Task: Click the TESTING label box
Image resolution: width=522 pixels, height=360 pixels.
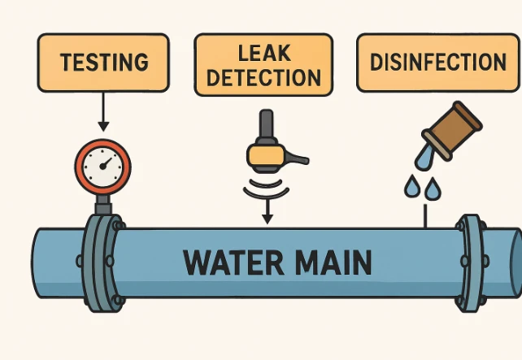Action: [103, 62]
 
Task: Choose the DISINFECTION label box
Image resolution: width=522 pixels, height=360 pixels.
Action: [437, 62]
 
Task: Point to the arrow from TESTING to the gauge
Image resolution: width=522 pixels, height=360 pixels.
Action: [103, 110]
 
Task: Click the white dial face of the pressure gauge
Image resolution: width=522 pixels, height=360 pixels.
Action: [102, 165]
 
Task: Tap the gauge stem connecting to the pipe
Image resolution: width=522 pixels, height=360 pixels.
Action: [102, 203]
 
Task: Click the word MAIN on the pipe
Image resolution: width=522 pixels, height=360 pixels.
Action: [333, 262]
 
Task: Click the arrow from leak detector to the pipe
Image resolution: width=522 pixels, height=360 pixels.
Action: [266, 213]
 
